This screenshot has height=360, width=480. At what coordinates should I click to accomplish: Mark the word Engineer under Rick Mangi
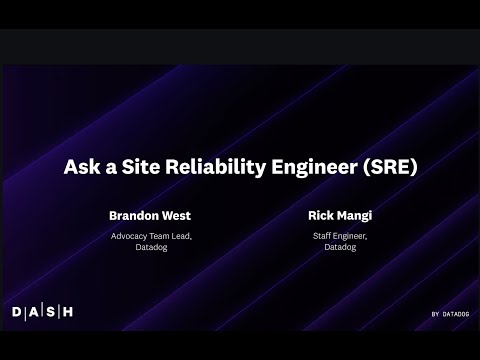pos(351,236)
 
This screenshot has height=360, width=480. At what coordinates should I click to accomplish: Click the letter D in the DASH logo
pos(17,312)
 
